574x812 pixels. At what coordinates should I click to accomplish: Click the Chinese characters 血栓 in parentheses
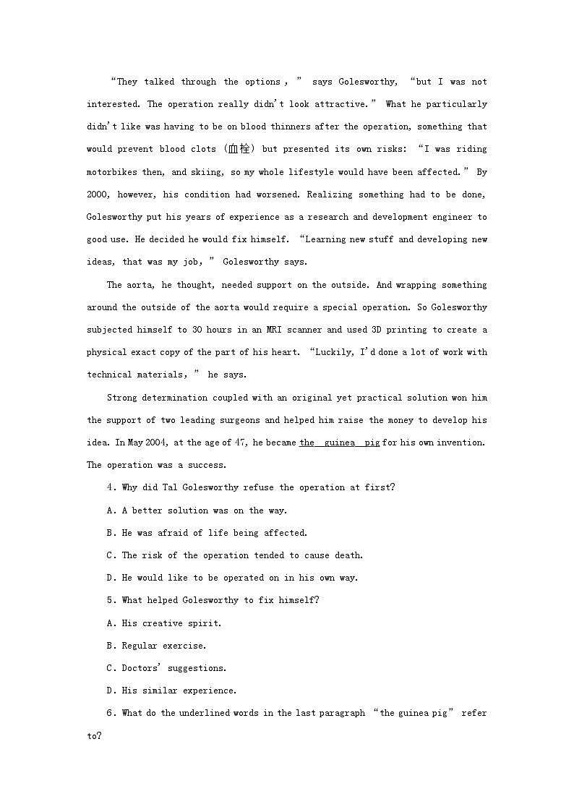tap(238, 149)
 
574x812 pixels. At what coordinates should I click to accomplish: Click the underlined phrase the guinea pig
tap(339, 443)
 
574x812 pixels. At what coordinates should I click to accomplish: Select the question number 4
tap(110, 487)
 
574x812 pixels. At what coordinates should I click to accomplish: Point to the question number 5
tap(110, 600)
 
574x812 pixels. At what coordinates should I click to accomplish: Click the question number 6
tap(110, 713)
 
